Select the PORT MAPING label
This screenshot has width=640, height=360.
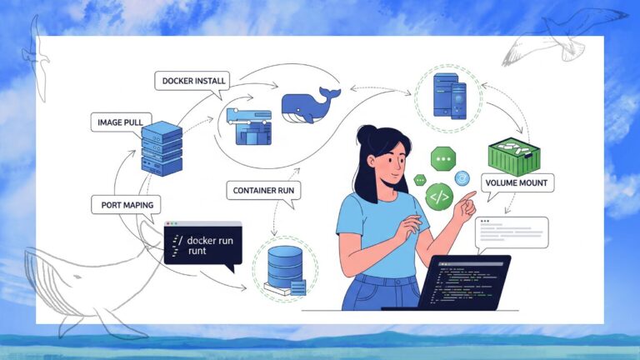click(x=126, y=204)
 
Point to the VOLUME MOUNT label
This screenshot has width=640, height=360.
click(x=518, y=182)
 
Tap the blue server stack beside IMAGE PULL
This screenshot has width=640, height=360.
click(x=162, y=148)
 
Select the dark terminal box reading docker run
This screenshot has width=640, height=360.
click(x=202, y=243)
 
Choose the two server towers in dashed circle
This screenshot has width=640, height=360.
click(x=447, y=94)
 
